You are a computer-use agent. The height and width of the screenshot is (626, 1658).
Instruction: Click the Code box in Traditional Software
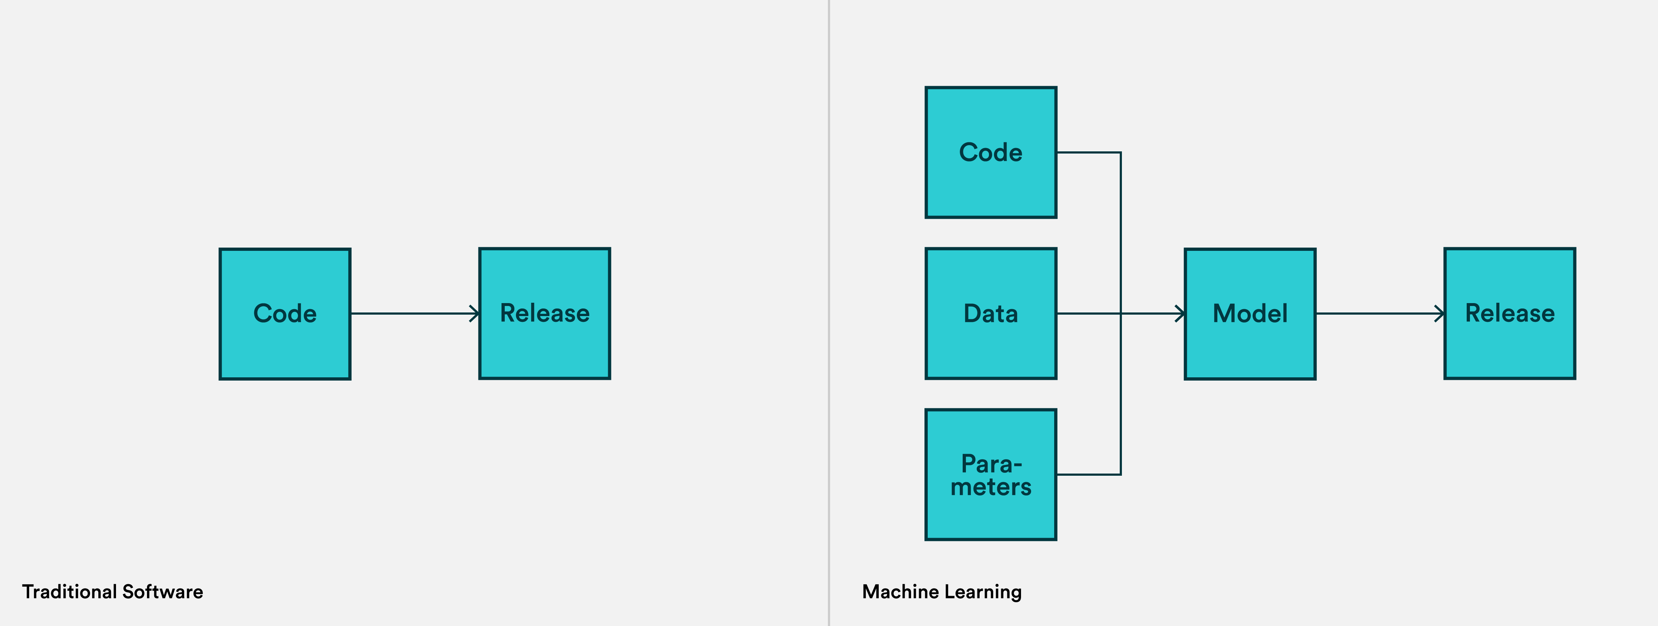point(285,314)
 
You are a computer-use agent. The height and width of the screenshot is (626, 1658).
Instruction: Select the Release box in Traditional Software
point(544,314)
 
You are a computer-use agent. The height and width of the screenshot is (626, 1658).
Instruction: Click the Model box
point(1250,314)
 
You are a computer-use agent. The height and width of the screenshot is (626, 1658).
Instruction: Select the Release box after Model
point(1510,314)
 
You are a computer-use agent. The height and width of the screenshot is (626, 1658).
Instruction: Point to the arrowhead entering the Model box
point(1180,314)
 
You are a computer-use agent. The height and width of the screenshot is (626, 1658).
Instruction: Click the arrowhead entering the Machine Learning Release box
point(1440,314)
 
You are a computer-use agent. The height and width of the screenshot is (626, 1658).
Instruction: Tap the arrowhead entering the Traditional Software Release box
point(474,314)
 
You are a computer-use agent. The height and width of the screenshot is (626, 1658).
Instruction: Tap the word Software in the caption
point(163,591)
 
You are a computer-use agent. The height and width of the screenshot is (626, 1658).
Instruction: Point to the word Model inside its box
point(1250,314)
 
